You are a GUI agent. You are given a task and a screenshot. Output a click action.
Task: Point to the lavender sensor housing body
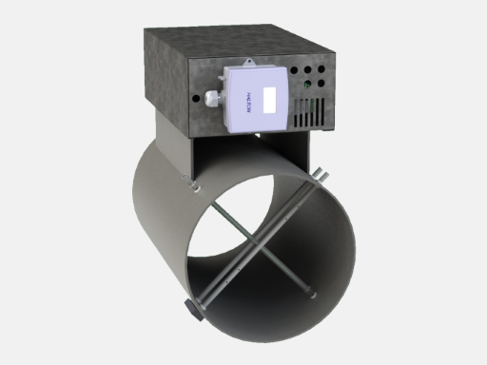[257, 114]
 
